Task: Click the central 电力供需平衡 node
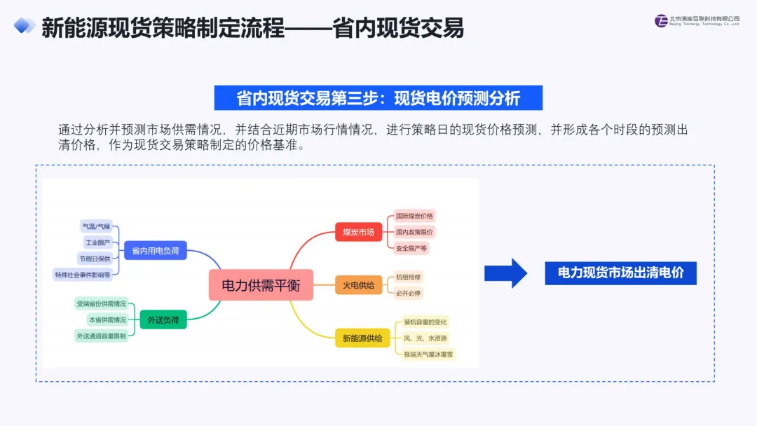tap(261, 285)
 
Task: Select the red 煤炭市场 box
tap(358, 232)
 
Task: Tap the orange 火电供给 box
tap(358, 285)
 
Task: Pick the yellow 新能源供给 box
tap(362, 338)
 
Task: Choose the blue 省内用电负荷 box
tap(156, 250)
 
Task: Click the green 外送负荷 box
tap(163, 319)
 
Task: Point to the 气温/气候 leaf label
tap(96, 226)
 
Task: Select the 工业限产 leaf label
tap(97, 242)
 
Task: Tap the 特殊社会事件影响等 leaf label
tap(83, 275)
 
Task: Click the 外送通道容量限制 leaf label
tap(101, 336)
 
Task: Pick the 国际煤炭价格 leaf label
tap(414, 216)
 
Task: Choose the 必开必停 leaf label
tap(408, 293)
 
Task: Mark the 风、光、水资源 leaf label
tap(425, 338)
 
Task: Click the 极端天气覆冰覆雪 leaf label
tap(428, 354)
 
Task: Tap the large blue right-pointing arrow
tap(505, 273)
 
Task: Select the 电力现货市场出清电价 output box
tap(620, 273)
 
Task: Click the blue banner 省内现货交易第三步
tap(378, 98)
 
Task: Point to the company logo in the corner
tap(697, 21)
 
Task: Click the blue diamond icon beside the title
tap(24, 25)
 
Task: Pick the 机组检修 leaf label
tap(408, 277)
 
